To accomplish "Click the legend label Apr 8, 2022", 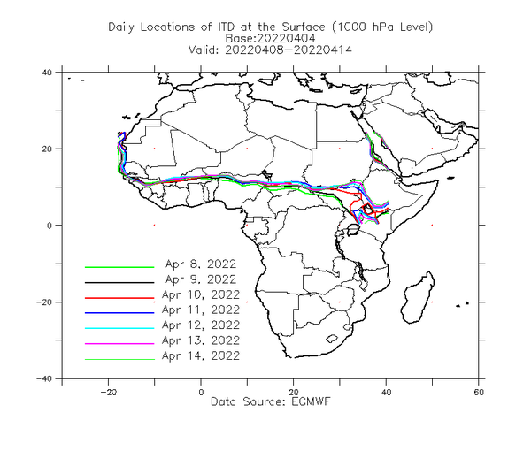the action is point(201,264).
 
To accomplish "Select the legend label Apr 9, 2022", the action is point(201,279).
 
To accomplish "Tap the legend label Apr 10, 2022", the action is point(201,294).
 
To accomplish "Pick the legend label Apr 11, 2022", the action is point(201,310).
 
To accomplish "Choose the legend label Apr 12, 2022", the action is point(201,325).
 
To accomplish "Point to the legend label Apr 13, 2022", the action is point(201,340).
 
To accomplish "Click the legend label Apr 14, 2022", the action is point(201,355).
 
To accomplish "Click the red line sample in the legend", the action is point(119,298).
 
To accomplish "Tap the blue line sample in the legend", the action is point(119,313).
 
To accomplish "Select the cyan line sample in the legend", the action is point(119,328).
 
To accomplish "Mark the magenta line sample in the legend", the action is point(119,344).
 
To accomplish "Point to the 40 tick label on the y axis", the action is point(47,73).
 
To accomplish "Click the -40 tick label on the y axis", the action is point(44,379).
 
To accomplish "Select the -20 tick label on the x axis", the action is point(108,392).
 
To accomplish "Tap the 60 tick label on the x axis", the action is point(479,392).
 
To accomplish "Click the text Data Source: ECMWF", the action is point(270,401).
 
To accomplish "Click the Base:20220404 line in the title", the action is point(270,38).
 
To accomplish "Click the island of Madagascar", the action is point(418,298).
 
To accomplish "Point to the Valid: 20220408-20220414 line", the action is point(270,50).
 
